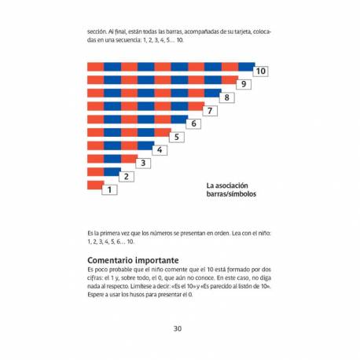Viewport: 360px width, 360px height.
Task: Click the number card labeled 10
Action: tap(262, 72)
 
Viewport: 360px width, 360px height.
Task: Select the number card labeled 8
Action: tap(228, 98)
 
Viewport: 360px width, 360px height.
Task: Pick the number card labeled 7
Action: tap(211, 111)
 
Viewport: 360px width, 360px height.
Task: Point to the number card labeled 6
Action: tap(194, 124)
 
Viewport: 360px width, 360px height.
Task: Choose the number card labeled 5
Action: tap(177, 138)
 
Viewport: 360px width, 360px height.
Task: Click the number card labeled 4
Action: tap(160, 150)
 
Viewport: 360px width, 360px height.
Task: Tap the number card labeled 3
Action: tap(143, 163)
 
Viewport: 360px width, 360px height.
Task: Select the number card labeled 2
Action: tap(127, 177)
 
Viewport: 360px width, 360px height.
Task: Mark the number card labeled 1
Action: tap(109, 189)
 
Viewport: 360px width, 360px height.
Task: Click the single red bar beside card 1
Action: tap(95, 186)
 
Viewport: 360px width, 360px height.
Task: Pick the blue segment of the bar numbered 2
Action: tap(112, 171)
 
